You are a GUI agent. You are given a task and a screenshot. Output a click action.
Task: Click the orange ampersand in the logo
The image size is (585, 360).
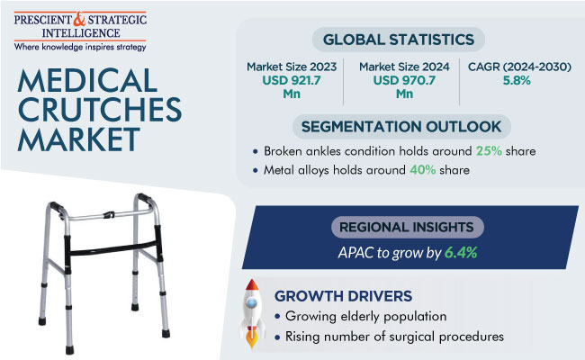tap(80, 20)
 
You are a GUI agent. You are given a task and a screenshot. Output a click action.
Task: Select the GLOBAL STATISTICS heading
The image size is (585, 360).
tap(399, 40)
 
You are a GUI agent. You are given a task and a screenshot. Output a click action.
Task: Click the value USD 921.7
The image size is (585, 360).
tap(292, 80)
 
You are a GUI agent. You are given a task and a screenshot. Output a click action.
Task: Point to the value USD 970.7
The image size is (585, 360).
tap(404, 80)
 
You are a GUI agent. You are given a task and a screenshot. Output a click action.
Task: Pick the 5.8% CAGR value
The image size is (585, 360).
tap(517, 80)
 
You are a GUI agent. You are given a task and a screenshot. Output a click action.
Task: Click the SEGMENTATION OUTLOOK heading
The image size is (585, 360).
tap(401, 127)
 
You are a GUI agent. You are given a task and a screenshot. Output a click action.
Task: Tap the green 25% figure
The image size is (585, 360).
tap(489, 151)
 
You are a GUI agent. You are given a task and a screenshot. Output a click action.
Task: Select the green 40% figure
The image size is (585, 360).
tap(423, 170)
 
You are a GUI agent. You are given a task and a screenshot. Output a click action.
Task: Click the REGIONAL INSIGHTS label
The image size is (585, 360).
tap(406, 227)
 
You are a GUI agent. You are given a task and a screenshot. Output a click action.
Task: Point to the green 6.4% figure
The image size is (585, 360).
tap(461, 253)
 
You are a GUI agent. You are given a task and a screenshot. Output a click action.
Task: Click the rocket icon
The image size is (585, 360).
tap(252, 313)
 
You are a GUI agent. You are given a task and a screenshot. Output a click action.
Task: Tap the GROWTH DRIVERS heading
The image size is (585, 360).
tap(343, 296)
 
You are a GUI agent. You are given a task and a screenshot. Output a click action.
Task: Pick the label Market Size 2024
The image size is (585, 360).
tap(404, 67)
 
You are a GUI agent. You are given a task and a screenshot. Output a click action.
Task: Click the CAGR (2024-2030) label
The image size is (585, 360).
tap(519, 67)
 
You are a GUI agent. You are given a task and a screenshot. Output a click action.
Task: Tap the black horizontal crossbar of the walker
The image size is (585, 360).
tap(112, 248)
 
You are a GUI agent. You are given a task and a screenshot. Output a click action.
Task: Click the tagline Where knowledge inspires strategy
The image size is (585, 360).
tap(80, 47)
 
